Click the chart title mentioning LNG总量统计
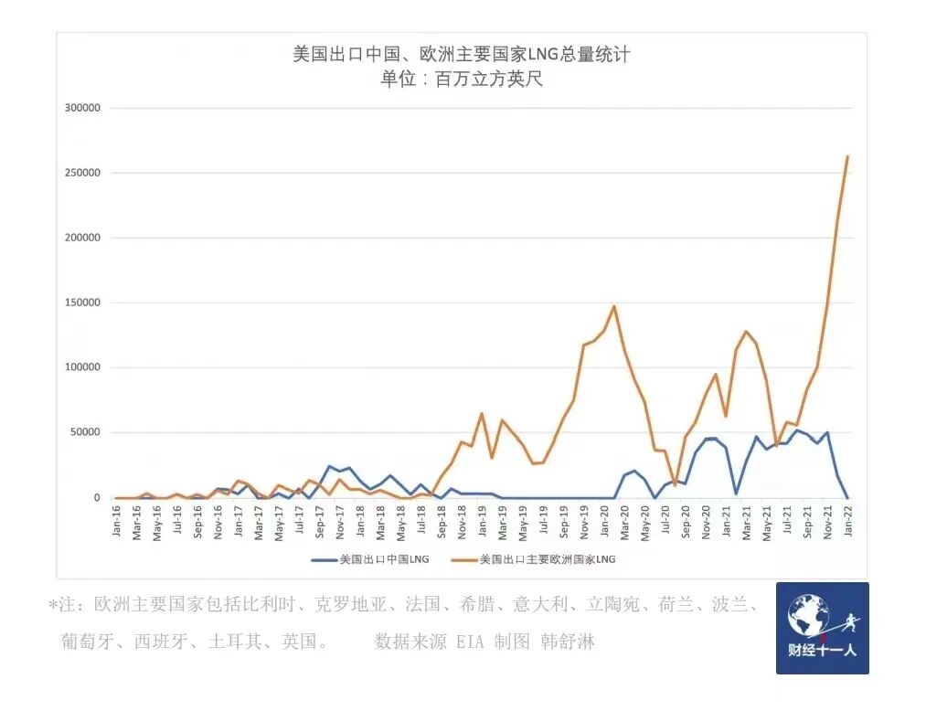461,55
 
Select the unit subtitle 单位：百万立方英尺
461,80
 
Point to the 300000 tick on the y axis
82,108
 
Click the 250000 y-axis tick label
82,173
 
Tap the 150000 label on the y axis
82,302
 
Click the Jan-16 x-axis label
117,522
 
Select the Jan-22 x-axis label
847,522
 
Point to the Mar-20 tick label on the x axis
624,522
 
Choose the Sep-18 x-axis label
442,522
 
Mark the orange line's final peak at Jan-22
847,156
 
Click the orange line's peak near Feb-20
614,306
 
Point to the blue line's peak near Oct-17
330,466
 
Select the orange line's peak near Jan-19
482,413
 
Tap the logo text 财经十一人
822,653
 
